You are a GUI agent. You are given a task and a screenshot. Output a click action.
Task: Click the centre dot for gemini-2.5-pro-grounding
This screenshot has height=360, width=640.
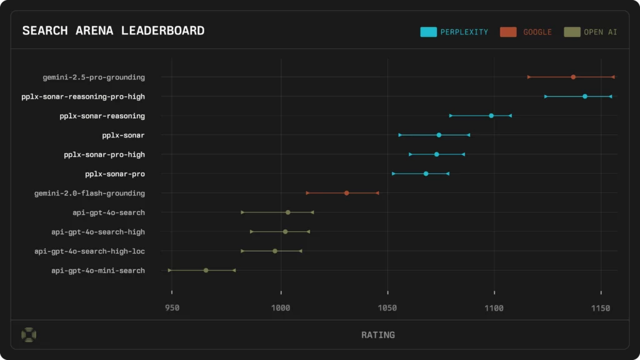tap(573, 77)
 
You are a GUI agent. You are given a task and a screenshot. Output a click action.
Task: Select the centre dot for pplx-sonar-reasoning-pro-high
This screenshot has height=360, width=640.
tap(585, 96)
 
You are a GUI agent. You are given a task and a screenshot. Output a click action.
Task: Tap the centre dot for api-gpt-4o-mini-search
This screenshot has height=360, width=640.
tap(206, 270)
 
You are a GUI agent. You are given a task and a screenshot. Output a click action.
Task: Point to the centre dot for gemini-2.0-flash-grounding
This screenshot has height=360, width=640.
tap(347, 193)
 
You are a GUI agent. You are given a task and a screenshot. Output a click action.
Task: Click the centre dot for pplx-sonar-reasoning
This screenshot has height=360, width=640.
tap(491, 116)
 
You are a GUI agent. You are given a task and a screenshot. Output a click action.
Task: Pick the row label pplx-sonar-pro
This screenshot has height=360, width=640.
tap(115, 174)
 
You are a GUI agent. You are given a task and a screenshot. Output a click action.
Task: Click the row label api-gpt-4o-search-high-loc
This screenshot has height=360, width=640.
tap(89, 251)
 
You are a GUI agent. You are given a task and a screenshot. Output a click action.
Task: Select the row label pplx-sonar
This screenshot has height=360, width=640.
tap(123, 135)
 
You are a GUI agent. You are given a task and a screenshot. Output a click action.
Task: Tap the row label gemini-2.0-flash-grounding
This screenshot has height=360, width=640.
tap(89, 193)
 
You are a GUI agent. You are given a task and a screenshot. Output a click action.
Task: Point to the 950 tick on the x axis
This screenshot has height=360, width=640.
tap(172, 308)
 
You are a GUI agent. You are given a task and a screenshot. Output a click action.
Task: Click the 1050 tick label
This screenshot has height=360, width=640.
tap(387, 308)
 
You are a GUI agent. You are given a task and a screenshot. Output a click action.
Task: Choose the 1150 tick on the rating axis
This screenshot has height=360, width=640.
tap(601, 308)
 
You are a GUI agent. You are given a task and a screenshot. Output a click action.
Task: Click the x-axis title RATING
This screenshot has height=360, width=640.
tap(378, 335)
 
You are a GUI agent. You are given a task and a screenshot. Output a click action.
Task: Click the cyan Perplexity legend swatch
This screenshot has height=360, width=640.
tap(429, 32)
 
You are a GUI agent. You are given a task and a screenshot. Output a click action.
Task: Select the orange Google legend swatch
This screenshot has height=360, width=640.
tap(508, 32)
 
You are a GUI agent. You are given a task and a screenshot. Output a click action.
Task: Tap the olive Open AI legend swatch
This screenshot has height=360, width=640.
tap(571, 32)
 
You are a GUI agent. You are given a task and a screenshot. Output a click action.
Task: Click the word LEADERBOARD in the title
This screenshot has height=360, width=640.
tap(163, 31)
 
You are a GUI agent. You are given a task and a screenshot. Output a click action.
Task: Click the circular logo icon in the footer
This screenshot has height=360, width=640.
tap(29, 335)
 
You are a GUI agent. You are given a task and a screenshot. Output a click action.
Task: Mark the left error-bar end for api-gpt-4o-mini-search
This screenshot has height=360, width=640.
tap(169, 270)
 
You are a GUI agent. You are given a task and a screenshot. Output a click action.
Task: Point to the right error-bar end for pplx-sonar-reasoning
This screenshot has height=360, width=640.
tap(510, 116)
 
